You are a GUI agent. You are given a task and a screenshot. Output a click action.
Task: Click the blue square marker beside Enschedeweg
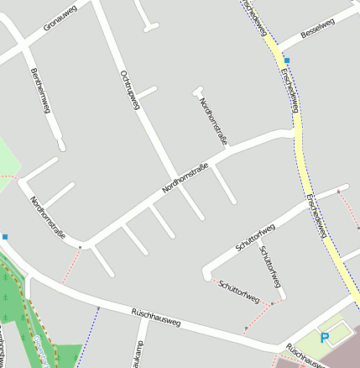tap(287, 61)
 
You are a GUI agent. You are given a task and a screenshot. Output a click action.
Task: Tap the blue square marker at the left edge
tap(4, 237)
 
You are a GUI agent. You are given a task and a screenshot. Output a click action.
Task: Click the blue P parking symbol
tap(325, 337)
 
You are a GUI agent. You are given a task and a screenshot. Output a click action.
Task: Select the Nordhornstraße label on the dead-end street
tap(213, 122)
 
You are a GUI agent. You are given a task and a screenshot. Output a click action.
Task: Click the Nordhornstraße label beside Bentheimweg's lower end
tap(47, 218)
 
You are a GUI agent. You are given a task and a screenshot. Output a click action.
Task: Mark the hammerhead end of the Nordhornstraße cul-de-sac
tap(198, 89)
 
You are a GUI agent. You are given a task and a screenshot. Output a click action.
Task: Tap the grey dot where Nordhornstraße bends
tap(81, 247)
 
